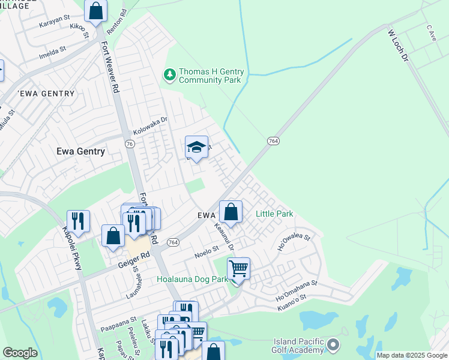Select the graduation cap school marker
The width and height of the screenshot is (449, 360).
click(x=196, y=147)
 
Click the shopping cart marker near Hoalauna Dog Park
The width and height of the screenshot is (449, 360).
click(x=239, y=268)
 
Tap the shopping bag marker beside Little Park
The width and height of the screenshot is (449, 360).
click(x=231, y=211)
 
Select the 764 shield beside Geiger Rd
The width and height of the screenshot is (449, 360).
click(x=173, y=242)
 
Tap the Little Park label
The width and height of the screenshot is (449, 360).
click(x=274, y=214)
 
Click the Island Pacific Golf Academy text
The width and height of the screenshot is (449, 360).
click(x=291, y=346)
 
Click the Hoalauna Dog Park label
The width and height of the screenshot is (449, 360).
click(x=192, y=279)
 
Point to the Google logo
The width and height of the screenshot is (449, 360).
click(x=20, y=353)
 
